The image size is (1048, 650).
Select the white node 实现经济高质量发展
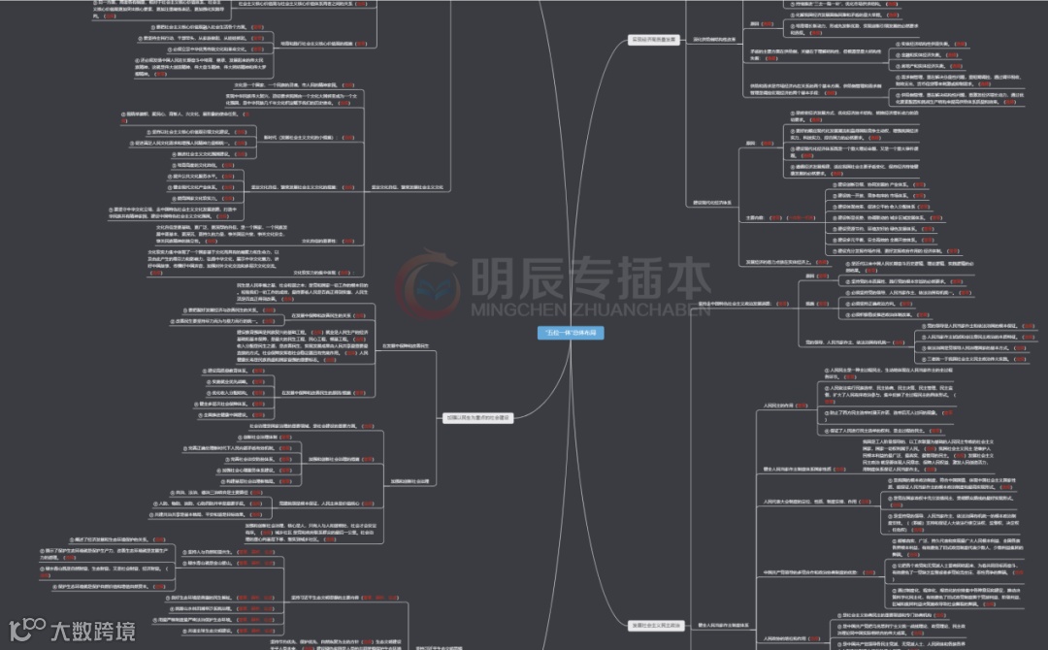tap(653, 40)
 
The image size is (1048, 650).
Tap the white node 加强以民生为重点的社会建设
tap(476, 417)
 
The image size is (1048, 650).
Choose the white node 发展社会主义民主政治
tap(653, 624)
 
